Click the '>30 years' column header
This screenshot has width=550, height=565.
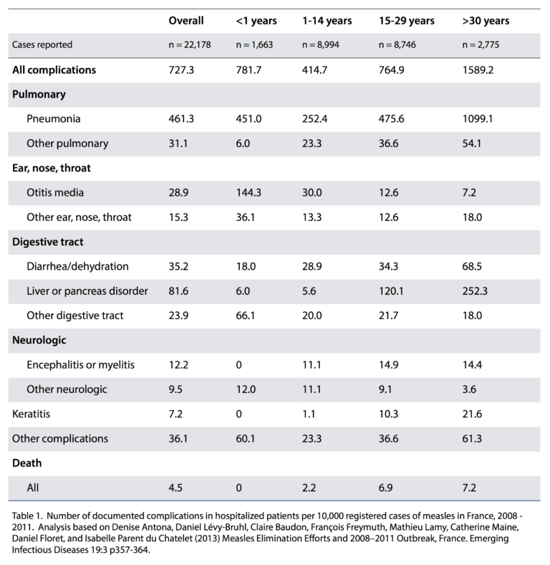(486, 21)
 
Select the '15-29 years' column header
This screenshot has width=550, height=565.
(406, 21)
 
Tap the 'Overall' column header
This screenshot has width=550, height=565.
(186, 21)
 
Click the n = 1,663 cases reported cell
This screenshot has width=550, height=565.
(254, 44)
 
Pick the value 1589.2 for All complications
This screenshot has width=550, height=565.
(478, 70)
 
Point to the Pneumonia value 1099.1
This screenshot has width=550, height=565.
(478, 119)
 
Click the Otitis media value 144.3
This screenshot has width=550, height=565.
(249, 192)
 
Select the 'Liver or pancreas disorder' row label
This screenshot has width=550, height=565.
(87, 291)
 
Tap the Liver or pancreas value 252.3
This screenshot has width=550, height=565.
(475, 291)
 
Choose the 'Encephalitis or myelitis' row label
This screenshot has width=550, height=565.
(81, 365)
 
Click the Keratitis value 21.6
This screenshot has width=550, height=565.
(472, 414)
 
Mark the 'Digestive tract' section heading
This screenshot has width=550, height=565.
(48, 242)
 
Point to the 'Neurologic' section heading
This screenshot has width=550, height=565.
(39, 340)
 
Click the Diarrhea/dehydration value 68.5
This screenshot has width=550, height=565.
(472, 266)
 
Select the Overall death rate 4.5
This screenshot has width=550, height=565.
(175, 488)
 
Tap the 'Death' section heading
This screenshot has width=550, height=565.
(27, 463)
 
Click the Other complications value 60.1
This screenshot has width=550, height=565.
(246, 439)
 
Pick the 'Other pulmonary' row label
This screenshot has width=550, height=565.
(67, 143)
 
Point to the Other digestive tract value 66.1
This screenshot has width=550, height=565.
(246, 315)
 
